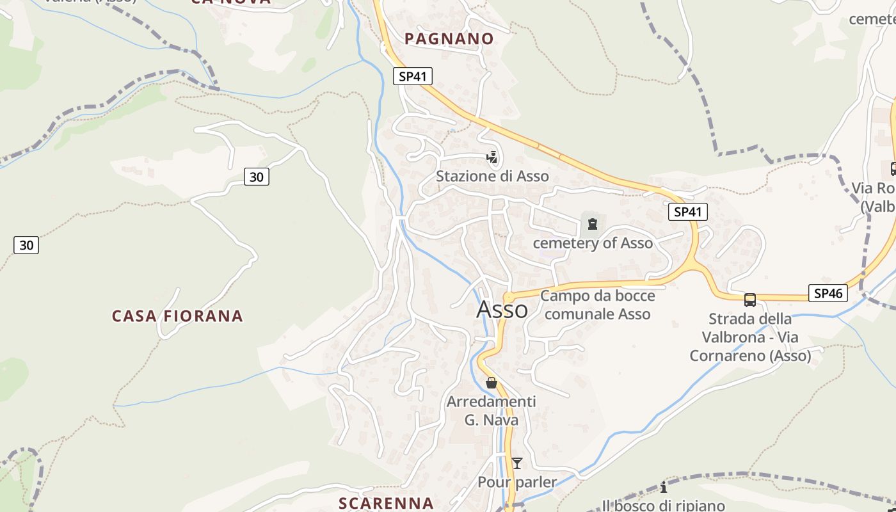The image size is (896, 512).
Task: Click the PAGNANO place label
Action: click(449, 39)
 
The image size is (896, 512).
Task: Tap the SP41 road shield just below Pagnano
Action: click(413, 77)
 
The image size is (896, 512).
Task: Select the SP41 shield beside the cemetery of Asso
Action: click(688, 212)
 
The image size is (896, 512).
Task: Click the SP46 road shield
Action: click(828, 293)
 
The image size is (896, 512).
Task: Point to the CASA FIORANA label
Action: click(177, 316)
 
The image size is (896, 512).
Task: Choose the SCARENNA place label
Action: click(386, 503)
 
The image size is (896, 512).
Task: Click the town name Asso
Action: click(502, 310)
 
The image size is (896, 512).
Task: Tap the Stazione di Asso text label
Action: click(492, 176)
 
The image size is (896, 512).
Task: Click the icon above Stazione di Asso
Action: click(492, 157)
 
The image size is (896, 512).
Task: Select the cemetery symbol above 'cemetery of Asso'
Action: click(593, 224)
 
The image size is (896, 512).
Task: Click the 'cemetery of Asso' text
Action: click(593, 243)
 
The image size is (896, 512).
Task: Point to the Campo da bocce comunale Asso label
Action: click(598, 305)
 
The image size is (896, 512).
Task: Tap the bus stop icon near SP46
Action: click(750, 300)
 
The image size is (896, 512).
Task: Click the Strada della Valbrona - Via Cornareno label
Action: click(750, 337)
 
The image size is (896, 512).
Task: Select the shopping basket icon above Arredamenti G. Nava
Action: click(491, 383)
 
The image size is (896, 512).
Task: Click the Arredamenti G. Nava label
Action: click(492, 411)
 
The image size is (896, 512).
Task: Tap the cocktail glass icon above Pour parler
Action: click(517, 463)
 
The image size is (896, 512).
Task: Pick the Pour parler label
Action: click(517, 482)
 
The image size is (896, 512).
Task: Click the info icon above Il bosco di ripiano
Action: click(664, 488)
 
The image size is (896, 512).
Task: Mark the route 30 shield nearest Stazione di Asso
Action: click(256, 177)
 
